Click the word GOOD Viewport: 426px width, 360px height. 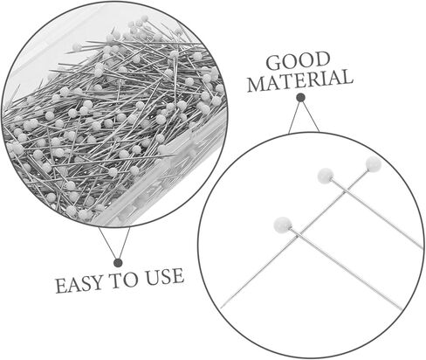tap(299, 61)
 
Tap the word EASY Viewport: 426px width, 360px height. tap(79, 285)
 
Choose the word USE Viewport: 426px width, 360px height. tap(165, 276)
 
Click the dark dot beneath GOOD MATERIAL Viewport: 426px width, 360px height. tap(300, 97)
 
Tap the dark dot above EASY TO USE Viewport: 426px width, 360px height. tap(118, 263)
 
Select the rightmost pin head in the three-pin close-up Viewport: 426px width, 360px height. tap(374, 164)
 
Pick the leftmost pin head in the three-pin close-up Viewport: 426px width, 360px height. tap(283, 225)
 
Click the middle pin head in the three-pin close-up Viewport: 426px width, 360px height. tap(326, 176)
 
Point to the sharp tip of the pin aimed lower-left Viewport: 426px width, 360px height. tap(221, 308)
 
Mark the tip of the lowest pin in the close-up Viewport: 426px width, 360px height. tap(402, 309)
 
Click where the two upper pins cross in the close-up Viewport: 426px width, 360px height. tap(346, 191)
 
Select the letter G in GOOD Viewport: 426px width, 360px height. tap(274, 63)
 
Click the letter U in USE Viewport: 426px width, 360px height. tap(153, 277)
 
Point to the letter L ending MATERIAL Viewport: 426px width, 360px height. tap(347, 77)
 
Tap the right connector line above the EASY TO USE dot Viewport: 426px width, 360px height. tap(124, 243)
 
